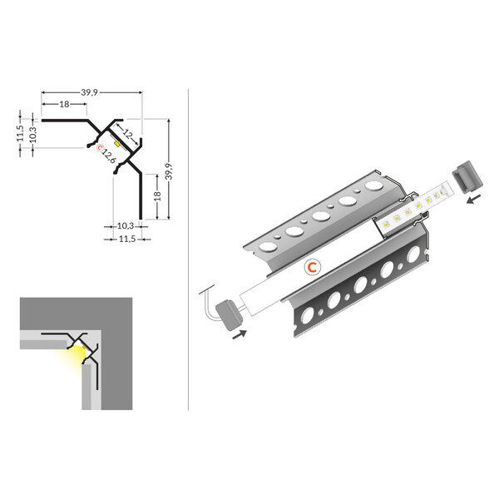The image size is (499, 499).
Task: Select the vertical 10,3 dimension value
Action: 33,134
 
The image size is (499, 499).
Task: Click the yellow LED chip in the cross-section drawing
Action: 118,144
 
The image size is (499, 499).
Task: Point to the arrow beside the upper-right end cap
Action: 474,200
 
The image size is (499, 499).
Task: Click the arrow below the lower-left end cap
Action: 240,333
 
